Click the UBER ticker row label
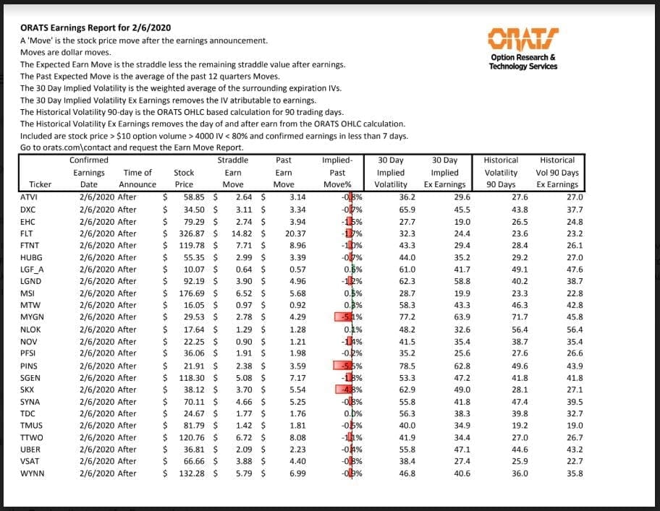(30, 450)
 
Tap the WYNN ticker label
(31, 473)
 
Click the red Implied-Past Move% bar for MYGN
(343, 317)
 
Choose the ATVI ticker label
(29, 197)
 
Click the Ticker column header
(41, 184)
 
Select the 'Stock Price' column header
(184, 179)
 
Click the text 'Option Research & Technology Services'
(522, 62)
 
